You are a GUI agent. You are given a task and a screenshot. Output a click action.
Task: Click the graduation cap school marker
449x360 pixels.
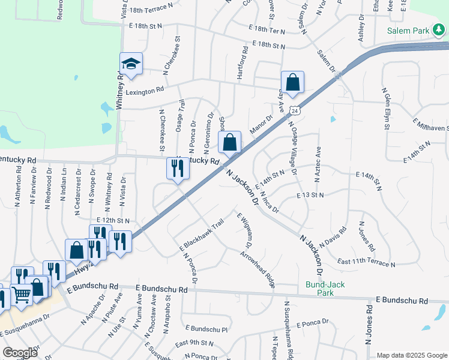131,63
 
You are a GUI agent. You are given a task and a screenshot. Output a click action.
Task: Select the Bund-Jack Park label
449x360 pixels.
325,289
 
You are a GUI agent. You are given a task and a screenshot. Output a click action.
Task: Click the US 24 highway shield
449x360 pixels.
294,110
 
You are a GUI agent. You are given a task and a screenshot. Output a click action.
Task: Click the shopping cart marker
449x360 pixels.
22,294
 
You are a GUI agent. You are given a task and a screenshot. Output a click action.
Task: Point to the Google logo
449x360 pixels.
20,353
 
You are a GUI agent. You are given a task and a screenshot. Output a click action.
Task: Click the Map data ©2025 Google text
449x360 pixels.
412,355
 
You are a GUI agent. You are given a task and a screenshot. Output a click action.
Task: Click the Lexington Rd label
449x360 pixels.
144,91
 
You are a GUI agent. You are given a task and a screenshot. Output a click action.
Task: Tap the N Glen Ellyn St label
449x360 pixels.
386,109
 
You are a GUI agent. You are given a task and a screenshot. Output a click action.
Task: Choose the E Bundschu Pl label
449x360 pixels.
206,329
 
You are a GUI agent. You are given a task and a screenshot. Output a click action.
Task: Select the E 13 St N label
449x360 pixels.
310,196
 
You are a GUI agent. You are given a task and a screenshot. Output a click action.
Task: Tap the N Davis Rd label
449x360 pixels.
333,237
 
